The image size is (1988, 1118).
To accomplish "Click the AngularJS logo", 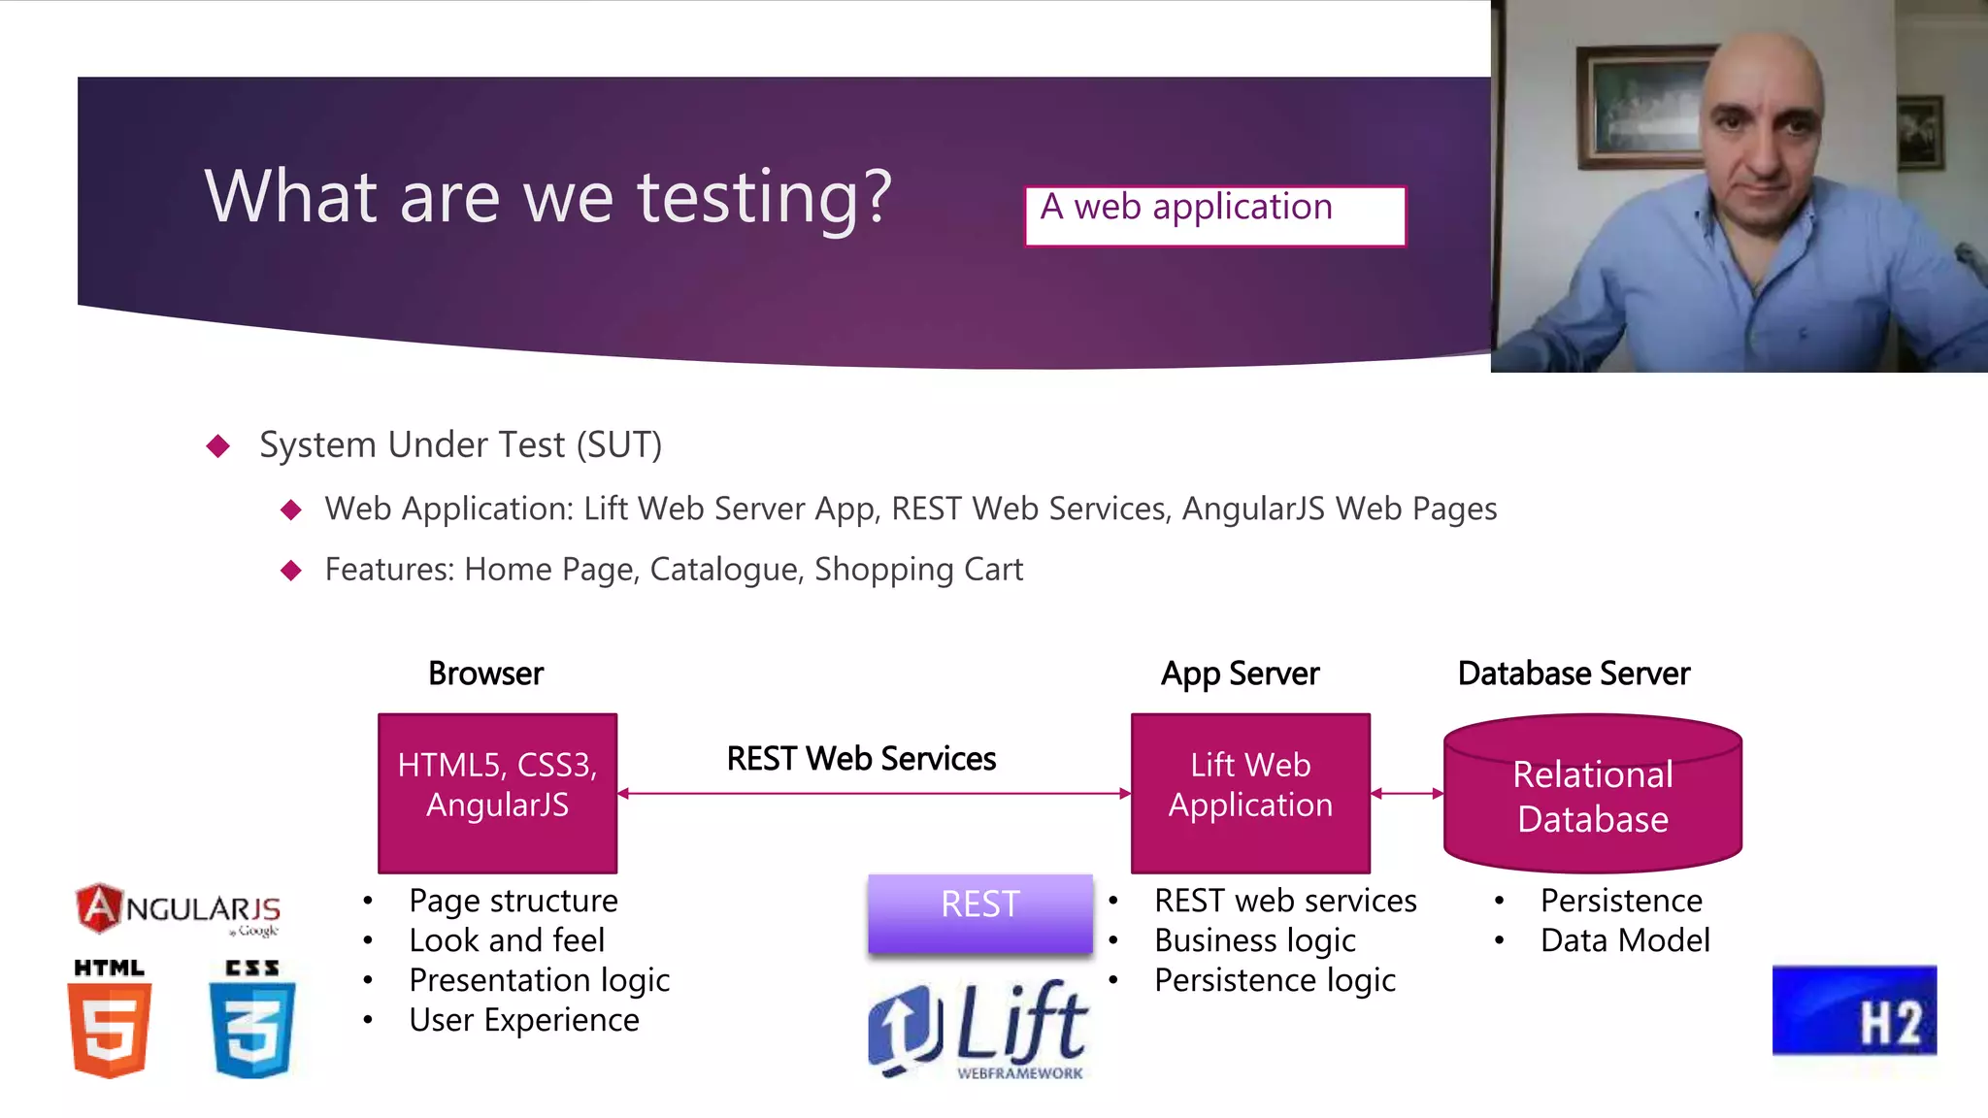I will [x=178, y=909].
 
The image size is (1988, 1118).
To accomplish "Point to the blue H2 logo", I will [x=1854, y=1010].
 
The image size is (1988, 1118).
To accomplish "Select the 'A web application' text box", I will [x=1214, y=215].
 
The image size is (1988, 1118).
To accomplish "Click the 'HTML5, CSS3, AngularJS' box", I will [x=497, y=793].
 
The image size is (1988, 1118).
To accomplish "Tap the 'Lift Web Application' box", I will [x=1250, y=793].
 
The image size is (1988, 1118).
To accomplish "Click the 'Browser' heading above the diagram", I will [x=485, y=674].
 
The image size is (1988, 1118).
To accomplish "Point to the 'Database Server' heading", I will [x=1574, y=674].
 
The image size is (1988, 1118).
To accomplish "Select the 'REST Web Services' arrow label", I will [x=861, y=759].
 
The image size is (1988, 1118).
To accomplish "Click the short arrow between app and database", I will [x=1407, y=794].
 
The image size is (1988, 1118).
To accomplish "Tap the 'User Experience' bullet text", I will [x=524, y=1020].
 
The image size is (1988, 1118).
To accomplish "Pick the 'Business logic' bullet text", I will [x=1255, y=940].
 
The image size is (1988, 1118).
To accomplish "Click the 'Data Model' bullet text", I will [x=1625, y=940].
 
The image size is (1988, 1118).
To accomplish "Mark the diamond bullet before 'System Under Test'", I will [x=218, y=445].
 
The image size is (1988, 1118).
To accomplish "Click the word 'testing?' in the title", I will [x=764, y=197].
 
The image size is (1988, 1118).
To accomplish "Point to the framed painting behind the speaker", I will [x=1640, y=107].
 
